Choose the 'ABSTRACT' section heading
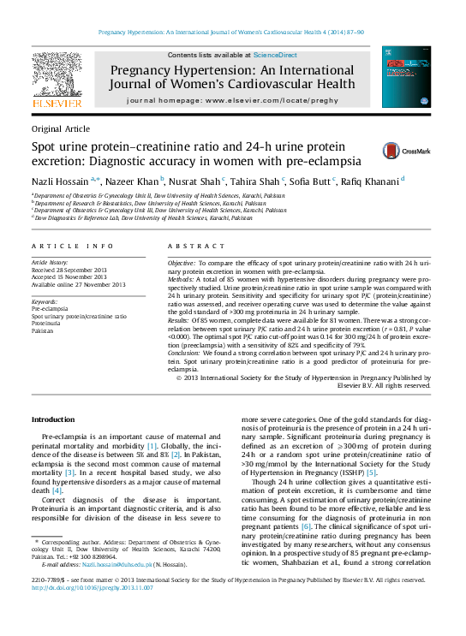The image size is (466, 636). [x=192, y=247]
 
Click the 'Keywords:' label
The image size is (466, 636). [x=45, y=302]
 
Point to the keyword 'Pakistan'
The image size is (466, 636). [x=45, y=330]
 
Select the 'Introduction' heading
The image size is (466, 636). [x=53, y=419]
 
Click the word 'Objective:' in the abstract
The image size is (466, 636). [x=182, y=261]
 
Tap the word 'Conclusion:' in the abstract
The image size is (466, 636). [x=185, y=353]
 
